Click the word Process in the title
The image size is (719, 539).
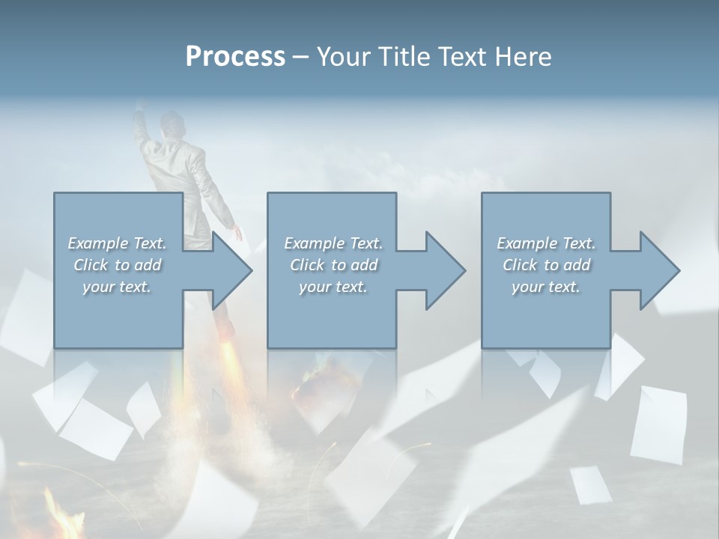(235, 57)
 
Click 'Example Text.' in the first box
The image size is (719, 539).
(117, 243)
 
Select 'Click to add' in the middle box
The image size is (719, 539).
(333, 265)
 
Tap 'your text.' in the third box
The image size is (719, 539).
(546, 287)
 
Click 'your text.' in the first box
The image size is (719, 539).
(117, 287)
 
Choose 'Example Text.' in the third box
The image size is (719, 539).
(546, 243)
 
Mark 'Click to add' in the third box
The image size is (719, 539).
(546, 265)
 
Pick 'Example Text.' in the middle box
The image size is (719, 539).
(333, 243)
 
